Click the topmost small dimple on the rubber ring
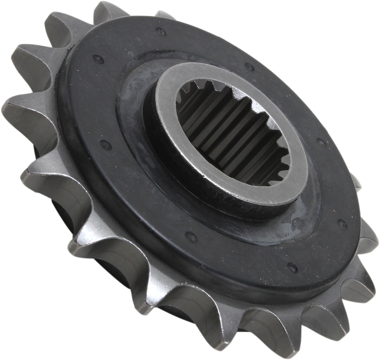click(161, 32)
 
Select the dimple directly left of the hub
click(105, 144)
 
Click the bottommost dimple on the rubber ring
click(293, 267)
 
